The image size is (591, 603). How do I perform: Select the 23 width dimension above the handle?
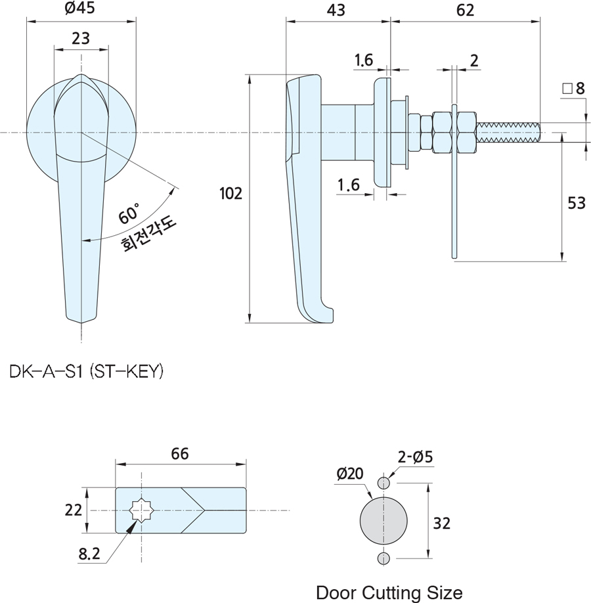[81, 39]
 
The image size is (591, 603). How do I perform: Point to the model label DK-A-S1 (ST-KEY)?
[86, 372]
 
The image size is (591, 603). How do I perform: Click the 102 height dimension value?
[230, 193]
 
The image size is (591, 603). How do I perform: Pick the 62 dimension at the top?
[464, 10]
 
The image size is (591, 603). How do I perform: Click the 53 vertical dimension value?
[576, 204]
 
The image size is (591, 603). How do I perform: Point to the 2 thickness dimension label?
[474, 60]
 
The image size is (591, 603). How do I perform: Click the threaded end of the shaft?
[509, 132]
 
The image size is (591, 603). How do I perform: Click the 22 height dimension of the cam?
[74, 510]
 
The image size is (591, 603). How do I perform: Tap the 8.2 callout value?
[89, 554]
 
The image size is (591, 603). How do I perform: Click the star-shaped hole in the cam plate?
[141, 510]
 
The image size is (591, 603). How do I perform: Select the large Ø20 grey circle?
[384, 520]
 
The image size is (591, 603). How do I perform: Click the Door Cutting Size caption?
[389, 592]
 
